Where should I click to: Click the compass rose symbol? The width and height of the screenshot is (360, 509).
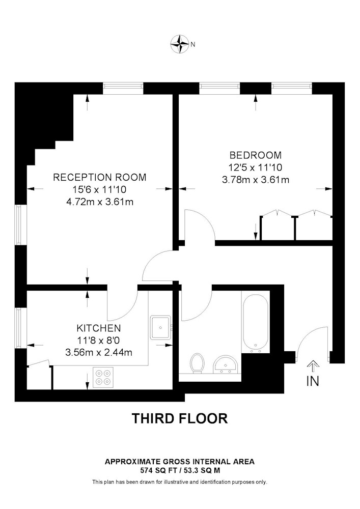pyautogui.click(x=180, y=44)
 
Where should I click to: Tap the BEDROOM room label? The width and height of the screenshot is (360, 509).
pyautogui.click(x=256, y=155)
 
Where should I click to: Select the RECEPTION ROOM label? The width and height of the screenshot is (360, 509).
pyautogui.click(x=100, y=177)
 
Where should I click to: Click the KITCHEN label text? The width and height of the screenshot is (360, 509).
pyautogui.click(x=99, y=328)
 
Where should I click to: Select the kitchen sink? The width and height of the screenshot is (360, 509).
pyautogui.click(x=160, y=327)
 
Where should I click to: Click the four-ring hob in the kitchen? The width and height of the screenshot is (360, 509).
pyautogui.click(x=103, y=377)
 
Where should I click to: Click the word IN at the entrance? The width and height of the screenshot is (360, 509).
pyautogui.click(x=313, y=381)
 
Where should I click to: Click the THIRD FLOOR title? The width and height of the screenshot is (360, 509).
pyautogui.click(x=180, y=418)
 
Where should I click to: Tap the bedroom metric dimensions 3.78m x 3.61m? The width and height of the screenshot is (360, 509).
pyautogui.click(x=256, y=180)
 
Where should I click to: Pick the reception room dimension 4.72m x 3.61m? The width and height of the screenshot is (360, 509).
pyautogui.click(x=100, y=202)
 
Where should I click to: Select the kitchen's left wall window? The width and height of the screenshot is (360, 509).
pyautogui.click(x=19, y=328)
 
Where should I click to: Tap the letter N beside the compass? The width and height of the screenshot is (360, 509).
pyautogui.click(x=193, y=44)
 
